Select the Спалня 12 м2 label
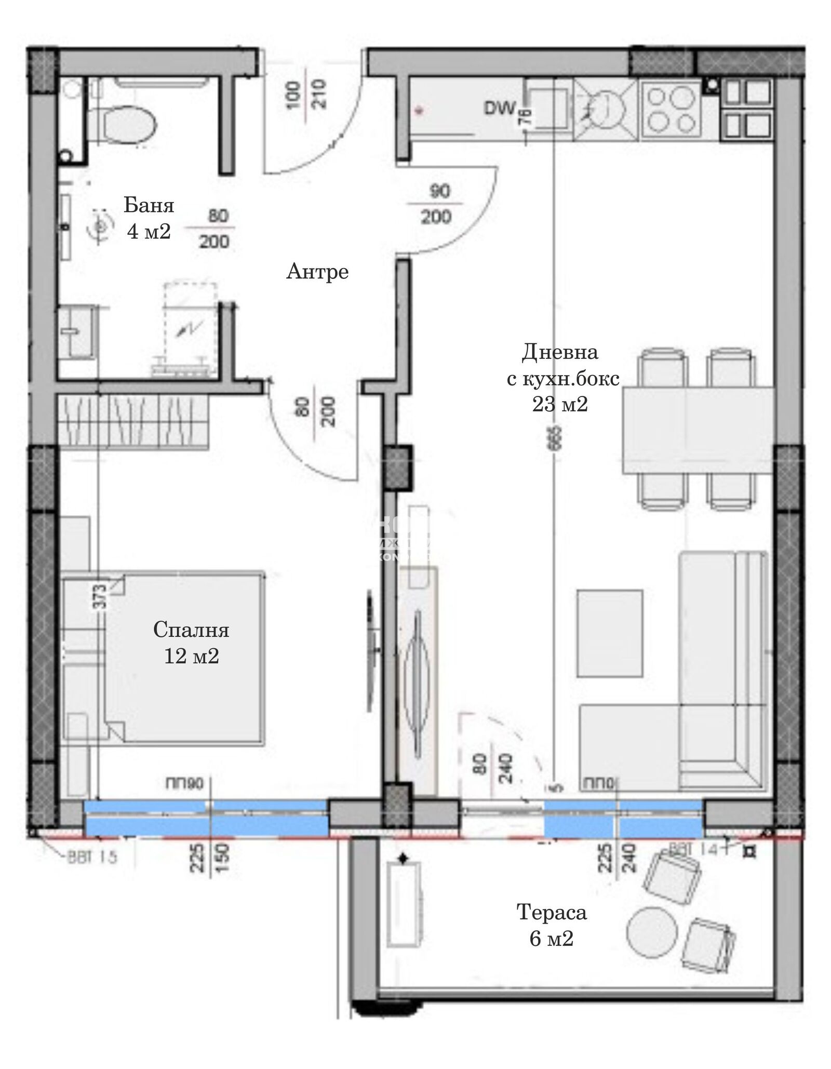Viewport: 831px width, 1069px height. pos(191,643)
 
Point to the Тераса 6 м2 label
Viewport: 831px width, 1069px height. pos(552,925)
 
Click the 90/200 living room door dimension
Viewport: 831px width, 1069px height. pos(437,204)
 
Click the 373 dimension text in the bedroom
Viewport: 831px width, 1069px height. pos(101,597)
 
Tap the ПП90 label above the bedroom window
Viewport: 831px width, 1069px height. pos(184,783)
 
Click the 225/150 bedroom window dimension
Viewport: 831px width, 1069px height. pos(210,858)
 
